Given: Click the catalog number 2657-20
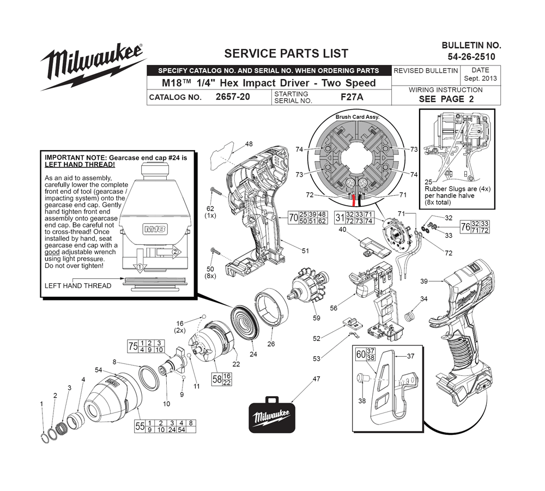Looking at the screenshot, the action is [x=233, y=97].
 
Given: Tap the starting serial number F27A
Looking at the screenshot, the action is [x=352, y=97].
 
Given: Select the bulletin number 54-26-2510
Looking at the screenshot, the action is [x=471, y=57].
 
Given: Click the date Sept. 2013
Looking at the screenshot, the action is [x=480, y=79].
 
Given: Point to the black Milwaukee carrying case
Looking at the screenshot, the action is [x=272, y=415].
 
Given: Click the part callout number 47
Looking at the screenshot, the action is [x=316, y=379].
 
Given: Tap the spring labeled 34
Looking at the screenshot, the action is [x=410, y=316].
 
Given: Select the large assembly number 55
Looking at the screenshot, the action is [x=140, y=426].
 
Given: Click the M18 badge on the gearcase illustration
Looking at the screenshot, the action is [x=155, y=229].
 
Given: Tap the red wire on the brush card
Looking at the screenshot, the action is [x=354, y=201].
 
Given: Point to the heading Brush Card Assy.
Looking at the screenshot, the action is [x=358, y=117].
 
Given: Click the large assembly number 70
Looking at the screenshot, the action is [x=294, y=218].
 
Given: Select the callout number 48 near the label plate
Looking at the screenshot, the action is [x=249, y=143].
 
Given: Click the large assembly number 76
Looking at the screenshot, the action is [x=465, y=227].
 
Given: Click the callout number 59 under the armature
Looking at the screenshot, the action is [x=317, y=318].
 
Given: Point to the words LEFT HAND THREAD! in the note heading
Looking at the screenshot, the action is [x=80, y=165].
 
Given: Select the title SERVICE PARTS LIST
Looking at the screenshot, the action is [x=286, y=53].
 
